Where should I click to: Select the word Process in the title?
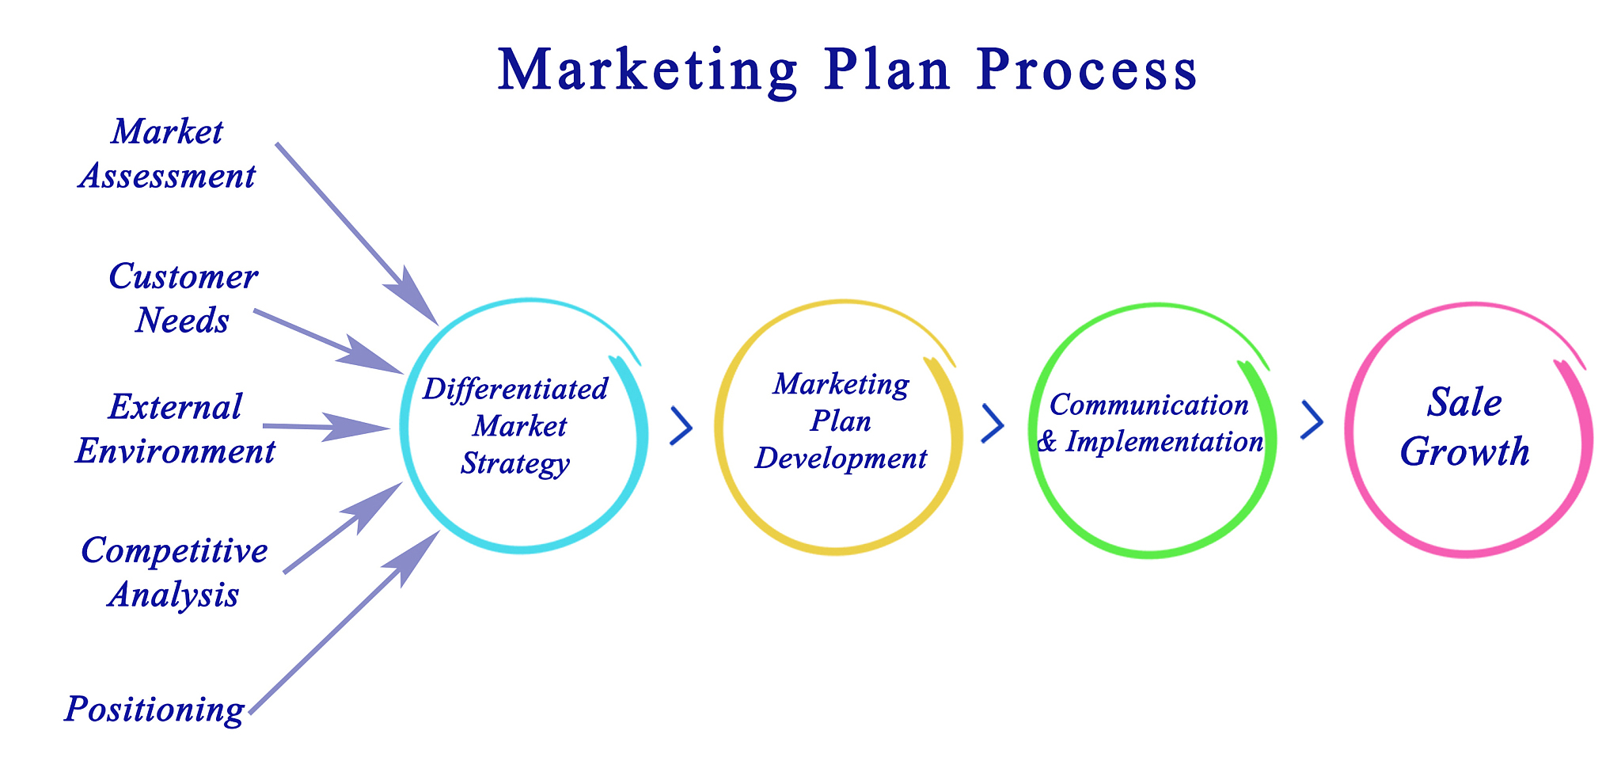click(x=1087, y=70)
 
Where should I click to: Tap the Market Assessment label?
click(x=167, y=154)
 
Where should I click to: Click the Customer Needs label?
click(x=183, y=299)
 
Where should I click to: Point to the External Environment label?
click(x=175, y=429)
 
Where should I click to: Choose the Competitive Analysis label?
click(x=174, y=573)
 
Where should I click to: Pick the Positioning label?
click(x=154, y=709)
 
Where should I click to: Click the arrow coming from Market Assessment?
click(x=357, y=234)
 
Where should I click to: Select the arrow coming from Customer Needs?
click(x=328, y=342)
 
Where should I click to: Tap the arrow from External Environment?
click(x=326, y=428)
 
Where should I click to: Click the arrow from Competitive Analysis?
click(x=343, y=527)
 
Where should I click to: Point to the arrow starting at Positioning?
click(x=344, y=622)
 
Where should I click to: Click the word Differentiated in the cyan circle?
click(x=515, y=390)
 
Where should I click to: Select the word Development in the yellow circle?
click(x=841, y=458)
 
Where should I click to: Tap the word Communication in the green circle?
click(x=1148, y=405)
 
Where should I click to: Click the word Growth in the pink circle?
click(x=1465, y=452)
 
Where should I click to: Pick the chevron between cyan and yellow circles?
click(x=681, y=426)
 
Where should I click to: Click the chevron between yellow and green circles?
click(x=993, y=423)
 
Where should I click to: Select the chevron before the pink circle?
click(x=1312, y=420)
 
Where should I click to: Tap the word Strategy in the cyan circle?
click(x=515, y=463)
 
